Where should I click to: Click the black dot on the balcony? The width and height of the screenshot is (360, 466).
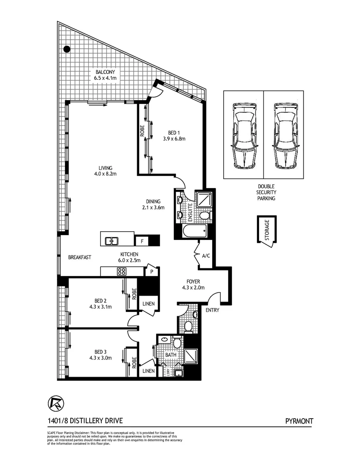[x=67, y=49]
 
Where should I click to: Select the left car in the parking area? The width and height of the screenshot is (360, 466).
[x=243, y=135]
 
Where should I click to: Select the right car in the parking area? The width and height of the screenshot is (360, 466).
[x=285, y=135]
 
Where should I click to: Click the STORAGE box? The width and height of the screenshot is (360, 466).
[x=267, y=230]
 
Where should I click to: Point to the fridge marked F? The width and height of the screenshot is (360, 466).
[x=141, y=241]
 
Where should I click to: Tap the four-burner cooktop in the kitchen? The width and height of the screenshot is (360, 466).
[x=122, y=271]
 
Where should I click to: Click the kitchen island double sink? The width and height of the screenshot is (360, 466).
[x=113, y=240]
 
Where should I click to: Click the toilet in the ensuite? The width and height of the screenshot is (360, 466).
[x=204, y=215]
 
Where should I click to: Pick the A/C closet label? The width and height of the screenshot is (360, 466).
[x=206, y=256]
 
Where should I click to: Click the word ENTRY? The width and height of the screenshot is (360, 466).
[x=212, y=310]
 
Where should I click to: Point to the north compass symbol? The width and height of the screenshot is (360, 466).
[x=54, y=403]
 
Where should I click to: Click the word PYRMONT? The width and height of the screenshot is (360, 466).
[x=299, y=421]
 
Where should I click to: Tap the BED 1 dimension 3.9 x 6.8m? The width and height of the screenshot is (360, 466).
[x=174, y=139]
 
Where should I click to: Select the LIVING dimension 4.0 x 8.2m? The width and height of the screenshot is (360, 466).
[x=106, y=173]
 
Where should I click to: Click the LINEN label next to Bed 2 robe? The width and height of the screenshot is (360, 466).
[x=149, y=304]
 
